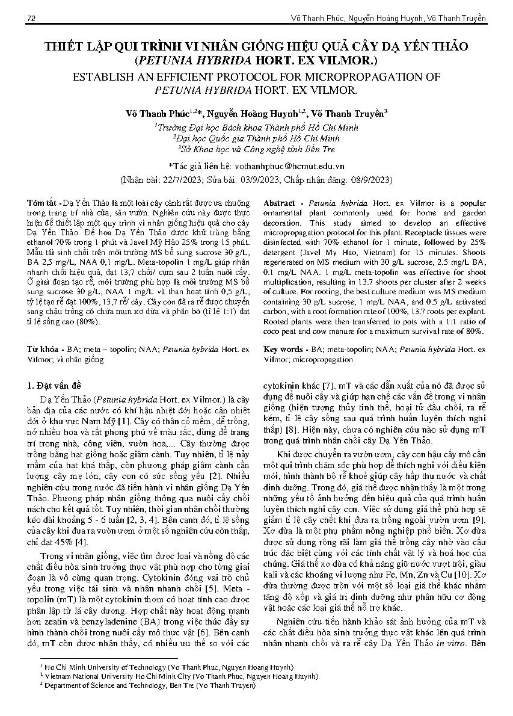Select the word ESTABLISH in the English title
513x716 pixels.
click(103, 78)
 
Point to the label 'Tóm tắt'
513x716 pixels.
click(45, 203)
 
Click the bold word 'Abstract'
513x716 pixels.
click(279, 203)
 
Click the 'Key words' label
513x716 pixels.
click(283, 349)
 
